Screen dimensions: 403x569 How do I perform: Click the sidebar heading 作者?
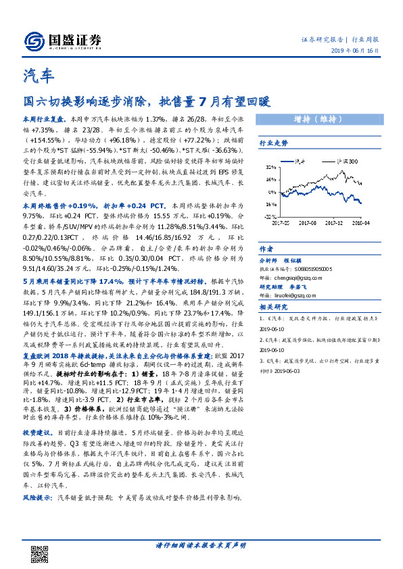(266, 248)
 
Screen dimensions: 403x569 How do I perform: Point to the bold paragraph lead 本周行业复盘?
(43, 118)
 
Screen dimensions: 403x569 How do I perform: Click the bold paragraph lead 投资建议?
(39, 431)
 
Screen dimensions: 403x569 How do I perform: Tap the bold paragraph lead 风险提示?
(39, 497)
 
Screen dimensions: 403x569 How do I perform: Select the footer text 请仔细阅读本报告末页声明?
(201, 546)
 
